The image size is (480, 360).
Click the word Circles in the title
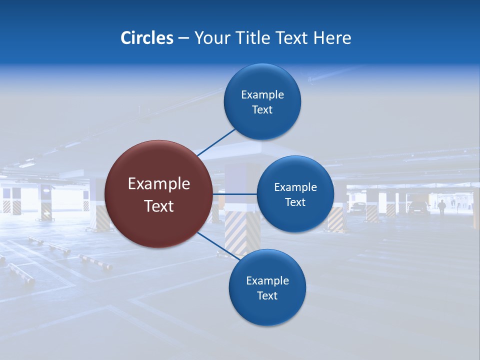coord(146,38)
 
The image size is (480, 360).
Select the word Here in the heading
coord(332,38)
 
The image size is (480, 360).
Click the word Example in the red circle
coord(159,184)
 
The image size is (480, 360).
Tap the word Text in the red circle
coord(159,206)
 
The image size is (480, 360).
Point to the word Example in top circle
coord(262,95)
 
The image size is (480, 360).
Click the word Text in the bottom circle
coord(267,296)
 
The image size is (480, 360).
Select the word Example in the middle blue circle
coord(295,187)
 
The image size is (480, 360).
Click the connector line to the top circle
coord(216,142)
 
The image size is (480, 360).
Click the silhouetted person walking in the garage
coord(442,206)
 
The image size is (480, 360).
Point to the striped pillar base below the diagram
coord(235,232)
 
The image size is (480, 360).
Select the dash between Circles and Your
coord(183,38)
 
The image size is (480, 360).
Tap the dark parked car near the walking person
coord(418,207)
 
